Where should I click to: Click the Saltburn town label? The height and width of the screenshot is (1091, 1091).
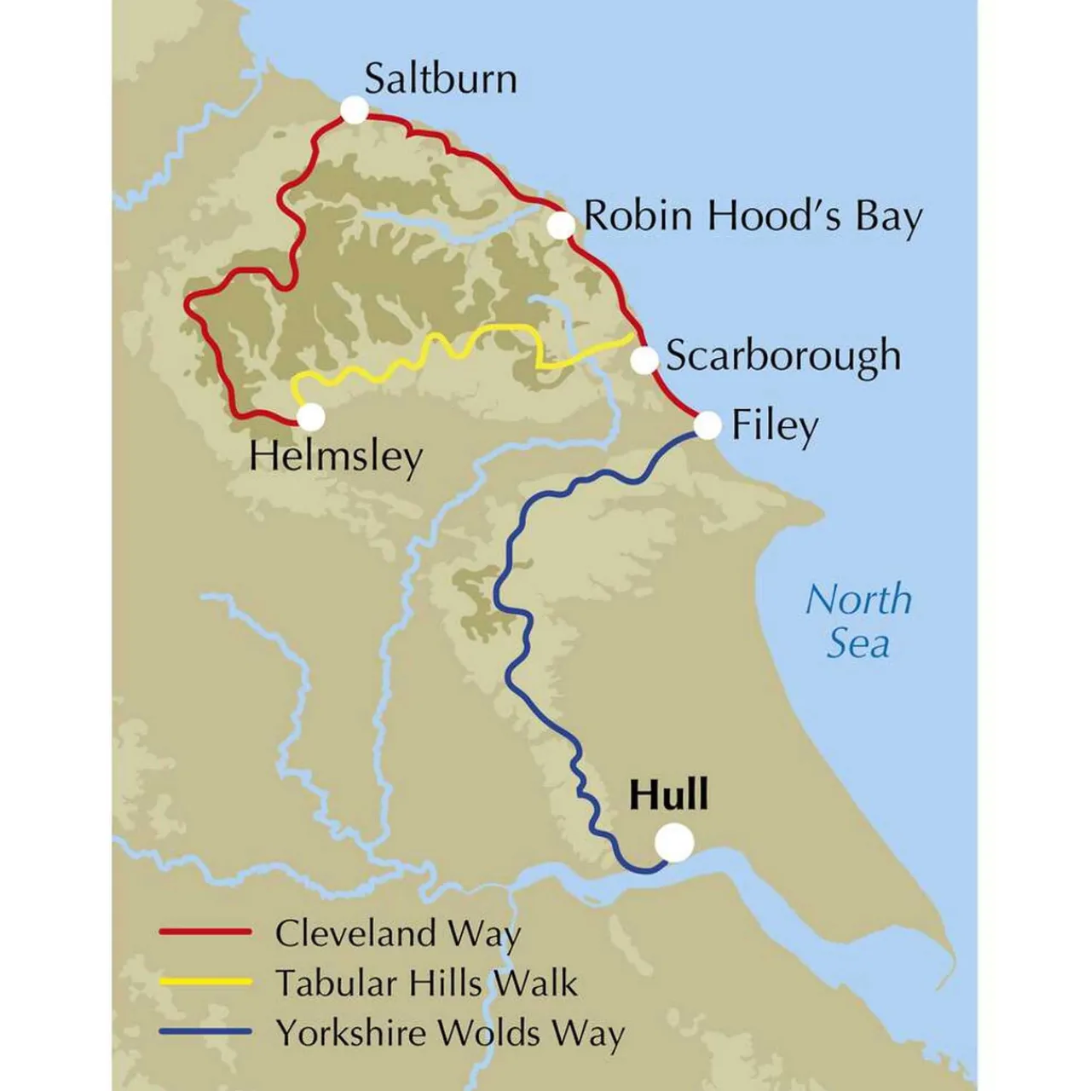pyautogui.click(x=440, y=79)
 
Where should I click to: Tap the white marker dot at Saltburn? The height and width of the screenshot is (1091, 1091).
pyautogui.click(x=354, y=110)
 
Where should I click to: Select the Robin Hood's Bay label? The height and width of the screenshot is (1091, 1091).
pyautogui.click(x=752, y=216)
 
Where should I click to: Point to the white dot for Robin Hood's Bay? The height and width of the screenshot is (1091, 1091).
pyautogui.click(x=561, y=225)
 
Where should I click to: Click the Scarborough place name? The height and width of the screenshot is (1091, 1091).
pyautogui.click(x=782, y=355)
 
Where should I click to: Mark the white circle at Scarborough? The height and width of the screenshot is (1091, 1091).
pyautogui.click(x=645, y=361)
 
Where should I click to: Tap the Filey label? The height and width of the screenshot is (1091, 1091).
pyautogui.click(x=775, y=425)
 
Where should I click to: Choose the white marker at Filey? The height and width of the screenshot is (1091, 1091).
pyautogui.click(x=707, y=424)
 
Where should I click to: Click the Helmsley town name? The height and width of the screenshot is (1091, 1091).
pyautogui.click(x=336, y=457)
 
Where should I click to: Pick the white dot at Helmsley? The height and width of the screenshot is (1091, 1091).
pyautogui.click(x=311, y=417)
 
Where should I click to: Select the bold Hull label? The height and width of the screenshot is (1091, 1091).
pyautogui.click(x=668, y=795)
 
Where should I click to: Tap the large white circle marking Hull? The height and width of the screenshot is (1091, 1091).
pyautogui.click(x=674, y=842)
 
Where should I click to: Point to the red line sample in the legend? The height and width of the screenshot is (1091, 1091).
pyautogui.click(x=205, y=932)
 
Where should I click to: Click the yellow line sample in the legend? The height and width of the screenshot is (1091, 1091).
pyautogui.click(x=205, y=982)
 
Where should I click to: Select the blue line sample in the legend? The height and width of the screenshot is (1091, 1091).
pyautogui.click(x=205, y=1032)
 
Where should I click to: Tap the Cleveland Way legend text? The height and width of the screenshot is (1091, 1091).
pyautogui.click(x=397, y=934)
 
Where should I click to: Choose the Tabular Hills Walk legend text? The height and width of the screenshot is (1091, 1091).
pyautogui.click(x=426, y=984)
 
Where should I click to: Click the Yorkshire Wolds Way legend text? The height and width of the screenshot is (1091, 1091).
pyautogui.click(x=450, y=1034)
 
